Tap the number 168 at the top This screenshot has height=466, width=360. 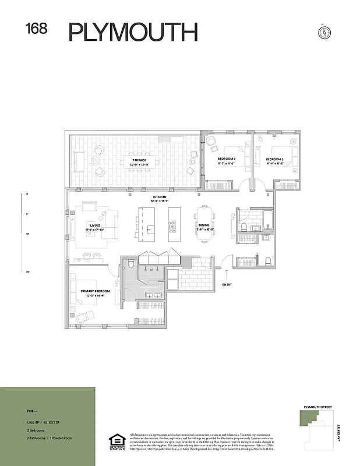tap(36, 29)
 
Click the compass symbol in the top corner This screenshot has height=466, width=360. tap(321, 31)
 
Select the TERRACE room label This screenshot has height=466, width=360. tap(139, 160)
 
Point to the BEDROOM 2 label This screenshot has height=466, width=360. tap(227, 159)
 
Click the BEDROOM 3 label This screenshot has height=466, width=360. tap(274, 159)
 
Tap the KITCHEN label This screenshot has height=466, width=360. tap(160, 197)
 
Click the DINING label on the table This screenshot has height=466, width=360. tap(204, 225)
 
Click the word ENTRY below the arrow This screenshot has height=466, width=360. tap(227, 285)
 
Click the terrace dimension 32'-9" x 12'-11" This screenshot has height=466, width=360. tap(139, 164)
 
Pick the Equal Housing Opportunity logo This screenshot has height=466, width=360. tap(117, 442)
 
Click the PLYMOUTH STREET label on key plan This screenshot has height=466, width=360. tap(317, 406)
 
